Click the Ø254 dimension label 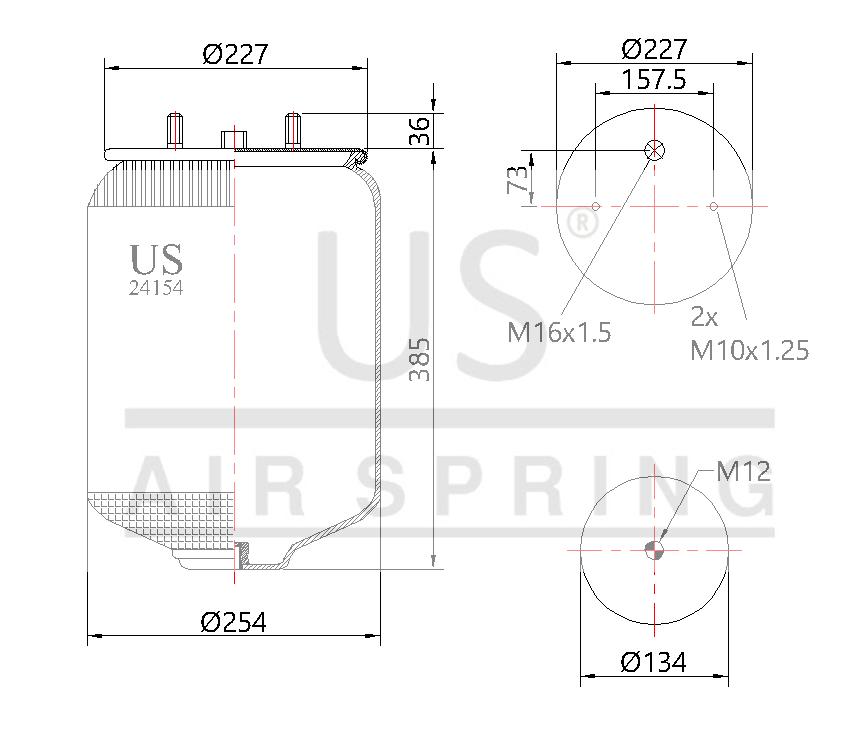pyautogui.click(x=233, y=622)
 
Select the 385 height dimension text pyautogui.click(x=421, y=360)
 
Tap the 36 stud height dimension pyautogui.click(x=421, y=131)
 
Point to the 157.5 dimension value pyautogui.click(x=653, y=80)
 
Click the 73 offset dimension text pyautogui.click(x=518, y=180)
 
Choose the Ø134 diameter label pyautogui.click(x=653, y=662)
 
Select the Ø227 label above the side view pyautogui.click(x=235, y=54)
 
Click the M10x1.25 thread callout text pyautogui.click(x=749, y=350)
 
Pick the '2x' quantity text pyautogui.click(x=705, y=317)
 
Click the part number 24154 pyautogui.click(x=156, y=288)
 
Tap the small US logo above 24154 pyautogui.click(x=156, y=259)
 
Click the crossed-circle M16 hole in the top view pyautogui.click(x=654, y=151)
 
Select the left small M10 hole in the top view pyautogui.click(x=595, y=207)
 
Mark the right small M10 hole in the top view pyautogui.click(x=713, y=207)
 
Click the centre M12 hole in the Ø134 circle pyautogui.click(x=654, y=549)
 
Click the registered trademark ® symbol pyautogui.click(x=581, y=223)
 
